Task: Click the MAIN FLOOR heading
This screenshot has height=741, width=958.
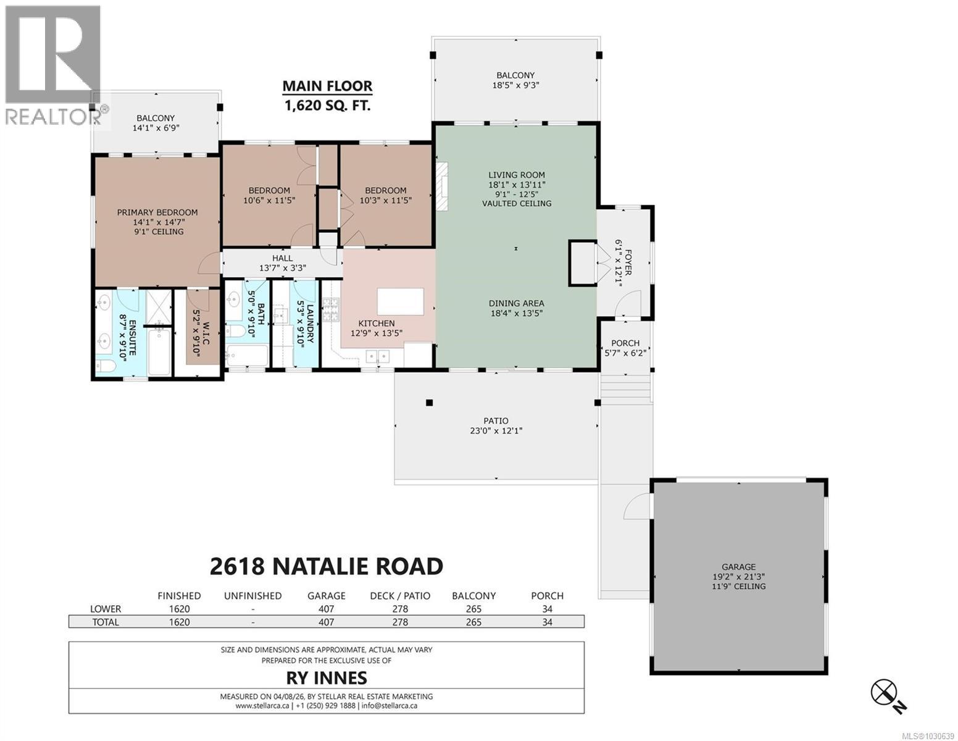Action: point(327,86)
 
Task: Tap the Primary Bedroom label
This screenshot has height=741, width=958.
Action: point(157,212)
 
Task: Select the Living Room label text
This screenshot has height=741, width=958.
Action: point(517,175)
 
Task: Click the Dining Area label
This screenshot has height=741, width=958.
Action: point(516,303)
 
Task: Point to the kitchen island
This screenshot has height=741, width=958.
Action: point(401,301)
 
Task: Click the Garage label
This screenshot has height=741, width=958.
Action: point(738,567)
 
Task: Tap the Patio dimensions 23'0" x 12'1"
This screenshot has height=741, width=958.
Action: point(496,431)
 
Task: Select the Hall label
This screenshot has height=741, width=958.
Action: point(282,258)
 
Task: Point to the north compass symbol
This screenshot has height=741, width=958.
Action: point(884,692)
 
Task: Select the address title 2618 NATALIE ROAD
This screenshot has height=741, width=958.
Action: point(326,566)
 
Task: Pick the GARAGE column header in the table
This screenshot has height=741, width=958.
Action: point(326,596)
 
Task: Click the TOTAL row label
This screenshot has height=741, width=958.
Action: point(105,622)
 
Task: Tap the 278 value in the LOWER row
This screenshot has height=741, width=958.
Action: point(400,609)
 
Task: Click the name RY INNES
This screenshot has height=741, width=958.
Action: point(326,678)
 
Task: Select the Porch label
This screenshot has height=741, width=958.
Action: point(625,343)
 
